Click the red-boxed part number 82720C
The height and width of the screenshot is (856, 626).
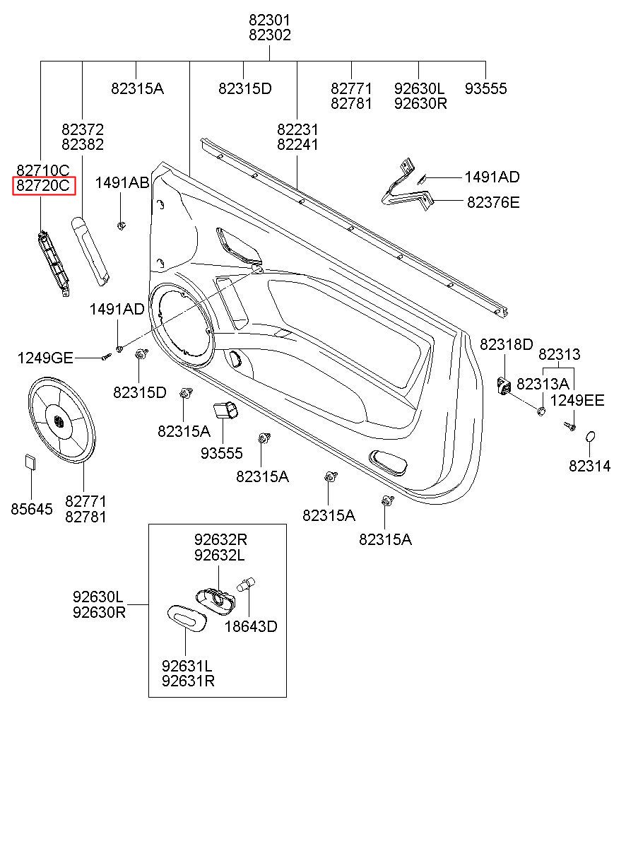[x=43, y=186]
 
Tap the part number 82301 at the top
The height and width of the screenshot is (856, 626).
[x=270, y=20]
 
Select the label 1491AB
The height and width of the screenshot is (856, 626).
[x=122, y=182]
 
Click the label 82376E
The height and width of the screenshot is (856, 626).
[x=493, y=202]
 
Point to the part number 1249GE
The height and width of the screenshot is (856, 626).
[x=45, y=358]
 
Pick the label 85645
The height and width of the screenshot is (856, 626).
[x=32, y=509]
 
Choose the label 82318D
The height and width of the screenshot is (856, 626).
[x=506, y=344]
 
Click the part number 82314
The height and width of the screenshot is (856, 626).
[x=590, y=466]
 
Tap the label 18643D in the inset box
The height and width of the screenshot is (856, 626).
[x=251, y=626]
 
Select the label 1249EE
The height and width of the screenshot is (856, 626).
[x=577, y=401]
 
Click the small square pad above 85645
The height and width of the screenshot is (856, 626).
[x=31, y=462]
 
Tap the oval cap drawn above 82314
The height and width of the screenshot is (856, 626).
[x=590, y=437]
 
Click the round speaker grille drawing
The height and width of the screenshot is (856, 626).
[x=61, y=421]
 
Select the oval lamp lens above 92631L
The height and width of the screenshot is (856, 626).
[x=187, y=618]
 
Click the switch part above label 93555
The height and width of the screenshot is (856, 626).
[x=225, y=411]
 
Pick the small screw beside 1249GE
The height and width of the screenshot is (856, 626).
[x=106, y=357]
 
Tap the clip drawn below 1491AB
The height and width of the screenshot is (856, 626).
[x=121, y=226]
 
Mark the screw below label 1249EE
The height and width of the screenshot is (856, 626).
[x=570, y=426]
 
